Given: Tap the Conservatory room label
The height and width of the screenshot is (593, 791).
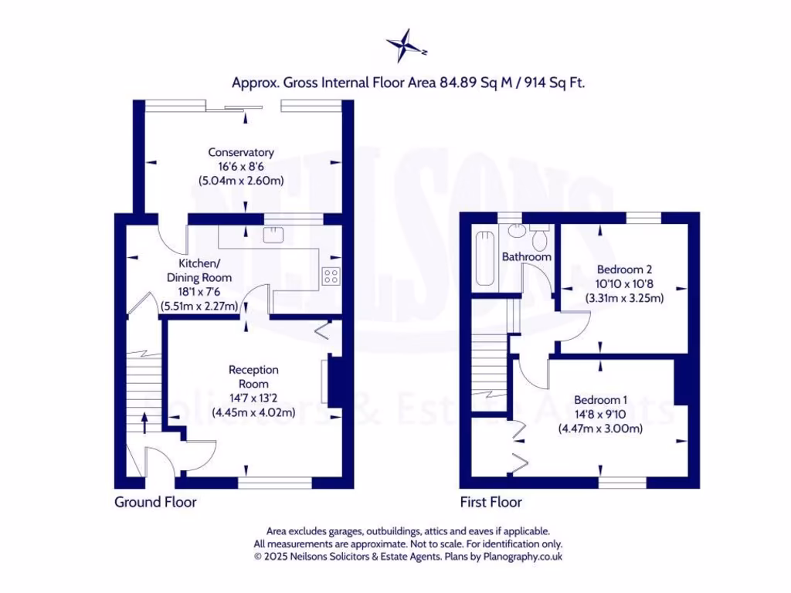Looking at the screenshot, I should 240,152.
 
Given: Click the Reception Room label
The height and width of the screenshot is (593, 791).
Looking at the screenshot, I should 253,377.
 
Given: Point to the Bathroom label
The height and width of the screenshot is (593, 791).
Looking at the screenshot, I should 527,256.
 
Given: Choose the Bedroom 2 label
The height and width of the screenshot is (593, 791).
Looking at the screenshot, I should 624,269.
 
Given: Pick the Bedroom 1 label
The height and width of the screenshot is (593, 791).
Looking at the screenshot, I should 600,399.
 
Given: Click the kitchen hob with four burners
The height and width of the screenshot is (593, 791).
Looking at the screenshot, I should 331,276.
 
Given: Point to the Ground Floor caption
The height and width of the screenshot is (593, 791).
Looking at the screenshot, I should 155,502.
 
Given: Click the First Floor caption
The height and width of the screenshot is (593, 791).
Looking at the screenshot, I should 491,502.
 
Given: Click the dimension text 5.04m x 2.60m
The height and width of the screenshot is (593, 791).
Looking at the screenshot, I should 240,181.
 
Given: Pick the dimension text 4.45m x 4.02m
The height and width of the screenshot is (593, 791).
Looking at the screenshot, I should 253,412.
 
